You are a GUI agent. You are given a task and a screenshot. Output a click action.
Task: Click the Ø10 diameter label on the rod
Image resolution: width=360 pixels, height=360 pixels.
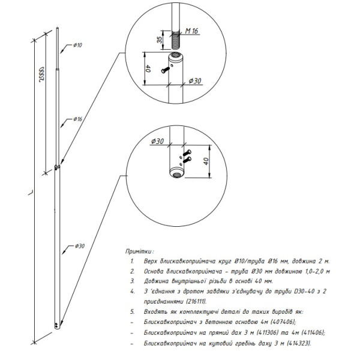click(77, 45)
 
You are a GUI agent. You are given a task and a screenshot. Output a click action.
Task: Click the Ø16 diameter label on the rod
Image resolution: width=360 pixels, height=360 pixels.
click(78, 119)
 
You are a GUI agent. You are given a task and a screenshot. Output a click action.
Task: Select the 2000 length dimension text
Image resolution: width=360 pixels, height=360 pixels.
click(42, 74)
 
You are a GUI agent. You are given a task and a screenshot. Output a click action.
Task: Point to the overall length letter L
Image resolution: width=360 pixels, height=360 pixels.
click(31, 193)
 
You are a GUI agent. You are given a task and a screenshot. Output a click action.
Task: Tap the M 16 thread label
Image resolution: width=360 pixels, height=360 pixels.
click(191, 31)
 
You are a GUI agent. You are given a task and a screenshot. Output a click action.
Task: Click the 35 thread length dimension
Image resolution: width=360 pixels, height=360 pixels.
click(160, 40)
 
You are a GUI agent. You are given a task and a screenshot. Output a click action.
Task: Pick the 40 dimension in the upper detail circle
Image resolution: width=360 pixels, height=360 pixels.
click(148, 68)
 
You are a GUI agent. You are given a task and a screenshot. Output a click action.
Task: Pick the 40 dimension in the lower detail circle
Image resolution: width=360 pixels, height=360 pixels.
click(206, 161)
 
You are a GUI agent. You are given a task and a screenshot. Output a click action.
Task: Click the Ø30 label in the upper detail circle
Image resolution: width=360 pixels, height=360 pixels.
click(195, 81)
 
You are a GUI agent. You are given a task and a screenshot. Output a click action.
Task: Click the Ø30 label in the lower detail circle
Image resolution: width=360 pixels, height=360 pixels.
click(157, 142)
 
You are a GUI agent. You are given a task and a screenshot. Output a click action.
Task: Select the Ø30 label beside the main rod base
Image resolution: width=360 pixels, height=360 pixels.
click(80, 246)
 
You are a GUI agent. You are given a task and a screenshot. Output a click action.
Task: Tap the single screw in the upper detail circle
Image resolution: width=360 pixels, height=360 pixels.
click(166, 70)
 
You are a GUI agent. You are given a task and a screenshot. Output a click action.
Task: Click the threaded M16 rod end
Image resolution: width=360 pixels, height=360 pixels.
click(176, 40)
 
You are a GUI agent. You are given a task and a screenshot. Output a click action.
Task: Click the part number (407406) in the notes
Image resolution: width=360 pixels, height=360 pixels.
click(283, 322)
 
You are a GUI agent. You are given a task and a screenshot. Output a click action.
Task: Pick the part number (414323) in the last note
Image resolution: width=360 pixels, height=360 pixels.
click(299, 343)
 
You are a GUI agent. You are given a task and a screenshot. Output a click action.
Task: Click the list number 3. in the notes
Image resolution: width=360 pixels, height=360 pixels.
click(133, 281)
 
